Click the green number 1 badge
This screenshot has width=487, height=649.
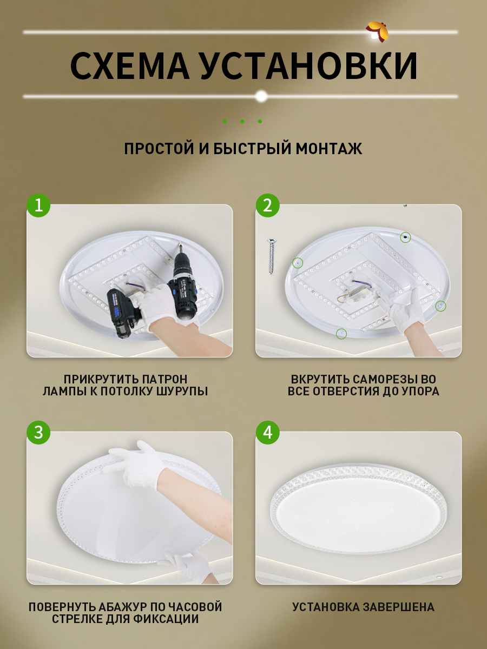click(38, 206)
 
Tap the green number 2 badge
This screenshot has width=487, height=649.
click(268, 206)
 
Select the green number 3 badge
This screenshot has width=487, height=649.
click(38, 432)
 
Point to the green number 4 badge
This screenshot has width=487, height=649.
click(268, 432)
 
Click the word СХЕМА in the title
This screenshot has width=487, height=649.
click(130, 65)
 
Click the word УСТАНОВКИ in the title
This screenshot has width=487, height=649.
click(309, 65)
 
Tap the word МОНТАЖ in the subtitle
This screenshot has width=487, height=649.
click(329, 148)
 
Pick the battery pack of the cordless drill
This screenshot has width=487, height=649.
click(119, 313)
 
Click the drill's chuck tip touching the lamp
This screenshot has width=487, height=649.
click(180, 245)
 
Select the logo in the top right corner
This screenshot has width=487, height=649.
click(377, 31)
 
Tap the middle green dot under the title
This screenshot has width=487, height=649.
click(242, 122)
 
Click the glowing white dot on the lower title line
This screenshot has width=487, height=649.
click(261, 96)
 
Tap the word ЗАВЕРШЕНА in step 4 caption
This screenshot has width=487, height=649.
click(399, 607)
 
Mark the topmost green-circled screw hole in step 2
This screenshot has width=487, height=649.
click(405, 237)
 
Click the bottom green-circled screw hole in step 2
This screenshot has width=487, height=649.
click(341, 334)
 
